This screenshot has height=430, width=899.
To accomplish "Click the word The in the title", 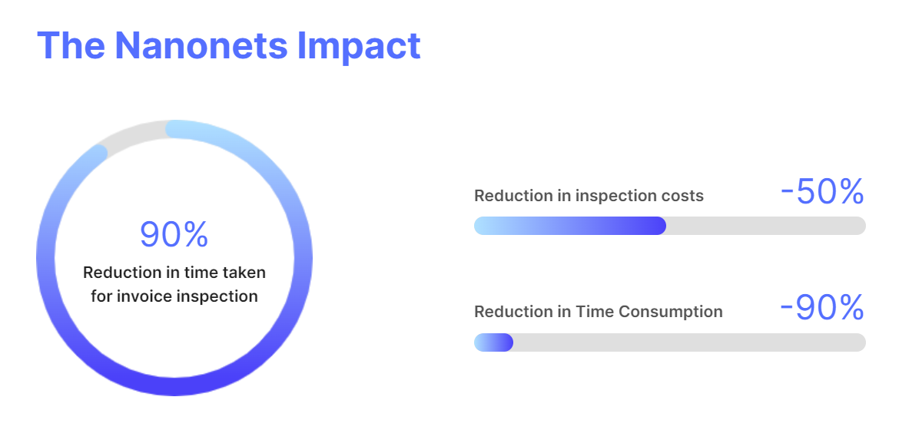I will pos(71,45).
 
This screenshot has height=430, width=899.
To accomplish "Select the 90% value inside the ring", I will pos(174,235).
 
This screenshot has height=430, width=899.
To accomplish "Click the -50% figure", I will pos(822,193).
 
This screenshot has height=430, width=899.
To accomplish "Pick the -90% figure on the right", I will pos(822,309).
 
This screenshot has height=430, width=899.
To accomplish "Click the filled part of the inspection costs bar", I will pos(569,226).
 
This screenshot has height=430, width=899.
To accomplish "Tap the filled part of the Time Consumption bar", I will pos(493,342).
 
